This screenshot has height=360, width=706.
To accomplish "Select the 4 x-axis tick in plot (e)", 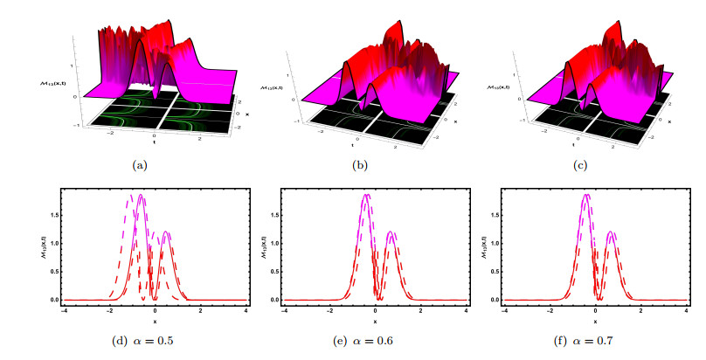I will (465, 311).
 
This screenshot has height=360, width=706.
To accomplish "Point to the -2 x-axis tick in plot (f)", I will (549, 311).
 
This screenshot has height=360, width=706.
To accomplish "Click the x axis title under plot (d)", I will (155, 321).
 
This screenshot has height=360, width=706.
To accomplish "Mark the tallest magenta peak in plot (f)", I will (586, 194).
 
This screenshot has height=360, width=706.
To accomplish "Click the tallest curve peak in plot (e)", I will (366, 194).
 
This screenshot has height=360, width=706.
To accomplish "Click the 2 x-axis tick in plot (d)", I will (201, 311).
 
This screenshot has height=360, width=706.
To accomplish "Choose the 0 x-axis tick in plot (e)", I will (375, 311).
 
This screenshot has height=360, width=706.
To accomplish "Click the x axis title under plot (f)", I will (595, 321).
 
